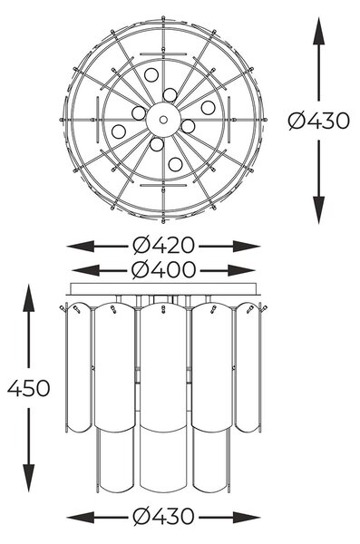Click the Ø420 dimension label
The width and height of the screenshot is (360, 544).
(163, 246)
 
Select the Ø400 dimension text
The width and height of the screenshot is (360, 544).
(163, 269)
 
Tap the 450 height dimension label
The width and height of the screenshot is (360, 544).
(29, 388)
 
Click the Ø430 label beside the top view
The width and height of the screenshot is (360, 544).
(319, 121)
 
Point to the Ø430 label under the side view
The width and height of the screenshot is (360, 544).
(163, 516)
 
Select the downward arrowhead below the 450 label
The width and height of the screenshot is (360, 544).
(28, 478)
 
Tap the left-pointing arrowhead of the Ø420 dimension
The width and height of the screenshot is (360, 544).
(81, 246)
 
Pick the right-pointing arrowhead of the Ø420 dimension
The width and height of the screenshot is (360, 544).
(247, 246)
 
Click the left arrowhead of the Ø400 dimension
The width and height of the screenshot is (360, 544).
(85, 270)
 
